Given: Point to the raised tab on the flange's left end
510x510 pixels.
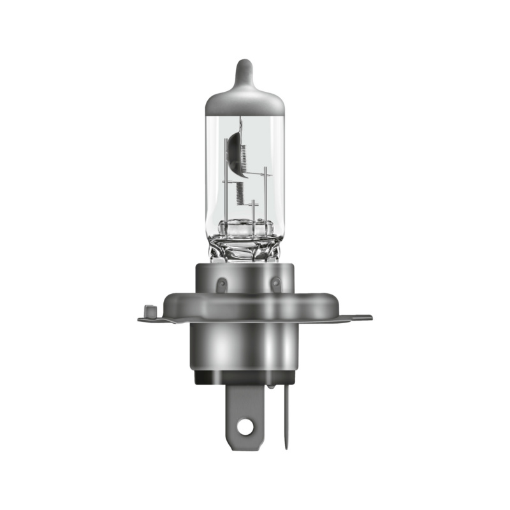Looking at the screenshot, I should pos(149,312).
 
